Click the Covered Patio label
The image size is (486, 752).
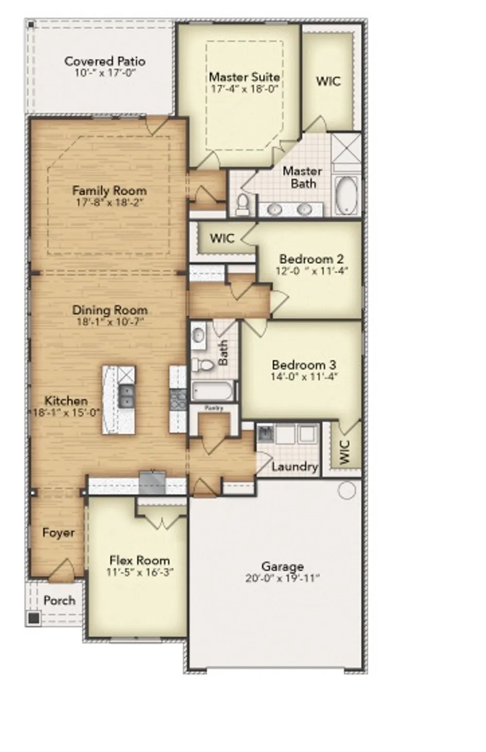[x=104, y=62]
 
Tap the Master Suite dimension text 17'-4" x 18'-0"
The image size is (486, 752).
[x=244, y=89]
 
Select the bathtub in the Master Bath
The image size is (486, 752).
[x=347, y=194]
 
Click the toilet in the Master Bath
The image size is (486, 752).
[x=242, y=204]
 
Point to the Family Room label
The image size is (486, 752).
[x=109, y=191]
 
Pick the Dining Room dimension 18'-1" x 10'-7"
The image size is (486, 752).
[x=110, y=322]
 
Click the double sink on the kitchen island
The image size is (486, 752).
[x=126, y=396]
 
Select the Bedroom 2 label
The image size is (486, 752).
[x=311, y=259]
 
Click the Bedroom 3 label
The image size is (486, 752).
[x=304, y=365]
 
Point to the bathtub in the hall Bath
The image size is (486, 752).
[x=213, y=391]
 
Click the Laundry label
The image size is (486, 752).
[x=295, y=467]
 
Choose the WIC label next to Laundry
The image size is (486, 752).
[x=344, y=452]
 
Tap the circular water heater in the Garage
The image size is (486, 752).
[x=347, y=490]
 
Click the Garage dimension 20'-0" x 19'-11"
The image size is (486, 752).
[x=282, y=578]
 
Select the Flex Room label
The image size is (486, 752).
[x=139, y=560]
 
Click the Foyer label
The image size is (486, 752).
[x=58, y=533]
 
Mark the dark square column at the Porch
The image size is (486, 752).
[x=34, y=618]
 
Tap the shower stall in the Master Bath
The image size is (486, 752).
[x=346, y=148]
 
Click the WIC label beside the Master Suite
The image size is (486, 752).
[x=328, y=81]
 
